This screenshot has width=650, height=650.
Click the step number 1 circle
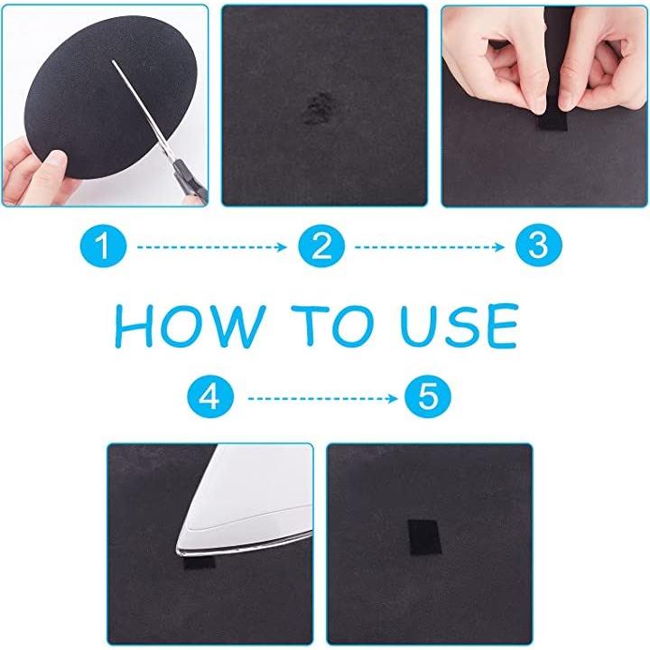coord(103,246)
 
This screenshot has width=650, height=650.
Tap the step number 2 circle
coord(321,246)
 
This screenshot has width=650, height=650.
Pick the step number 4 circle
coord(210,397)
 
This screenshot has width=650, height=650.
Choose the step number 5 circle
coord(428,396)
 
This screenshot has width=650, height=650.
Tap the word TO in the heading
coord(333,325)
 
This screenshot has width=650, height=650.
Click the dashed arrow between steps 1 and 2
coord(212,247)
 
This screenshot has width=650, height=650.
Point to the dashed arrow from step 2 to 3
coord(430,247)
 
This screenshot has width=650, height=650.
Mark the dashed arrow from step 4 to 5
coord(322,399)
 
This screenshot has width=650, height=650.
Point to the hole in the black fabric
coord(318,108)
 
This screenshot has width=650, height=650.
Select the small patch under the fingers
coord(552,123)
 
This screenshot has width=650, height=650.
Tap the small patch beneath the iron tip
coord(200,562)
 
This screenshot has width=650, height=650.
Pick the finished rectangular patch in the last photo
coord(424,537)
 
